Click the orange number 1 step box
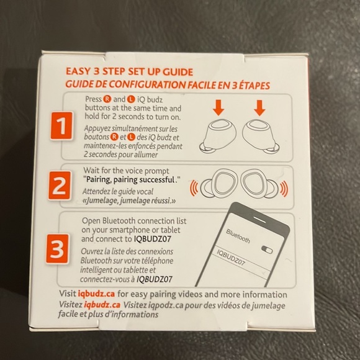[61, 126]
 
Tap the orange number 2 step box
[60, 186]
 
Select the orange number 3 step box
[57, 249]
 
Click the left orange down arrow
[218, 107]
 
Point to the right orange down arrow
[259, 107]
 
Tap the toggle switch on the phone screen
[267, 250]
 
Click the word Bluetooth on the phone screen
[238, 236]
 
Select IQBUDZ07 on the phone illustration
[231, 258]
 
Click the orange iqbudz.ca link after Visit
[96, 294]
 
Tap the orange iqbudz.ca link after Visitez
[102, 305]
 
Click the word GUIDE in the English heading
[178, 72]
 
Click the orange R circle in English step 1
[107, 99]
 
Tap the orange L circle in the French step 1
[132, 137]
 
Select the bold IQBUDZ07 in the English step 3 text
[153, 239]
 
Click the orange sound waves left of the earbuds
[194, 188]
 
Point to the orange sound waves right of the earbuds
[284, 189]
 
